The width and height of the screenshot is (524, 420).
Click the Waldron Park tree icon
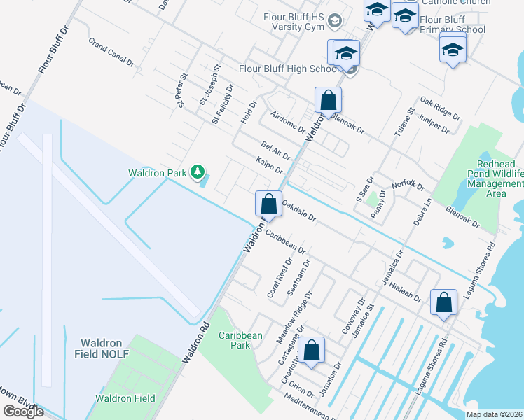click(198, 171)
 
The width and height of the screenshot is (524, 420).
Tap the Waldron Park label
click(159, 172)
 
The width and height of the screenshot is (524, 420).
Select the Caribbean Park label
click(240, 340)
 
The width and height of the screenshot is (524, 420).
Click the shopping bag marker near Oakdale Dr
click(268, 204)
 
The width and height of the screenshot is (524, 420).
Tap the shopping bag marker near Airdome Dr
click(328, 101)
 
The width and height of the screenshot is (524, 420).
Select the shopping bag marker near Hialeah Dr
click(443, 303)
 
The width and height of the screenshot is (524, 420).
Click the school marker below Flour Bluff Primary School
click(453, 50)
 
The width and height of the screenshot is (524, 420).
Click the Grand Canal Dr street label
click(111, 52)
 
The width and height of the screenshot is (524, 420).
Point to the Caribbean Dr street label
click(285, 240)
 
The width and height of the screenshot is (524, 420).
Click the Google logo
click(23, 412)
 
